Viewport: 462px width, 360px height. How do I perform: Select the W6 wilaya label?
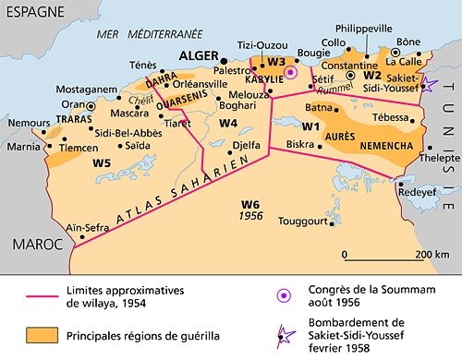click(x=250, y=204)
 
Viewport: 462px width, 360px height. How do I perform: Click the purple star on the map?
click(x=431, y=86)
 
